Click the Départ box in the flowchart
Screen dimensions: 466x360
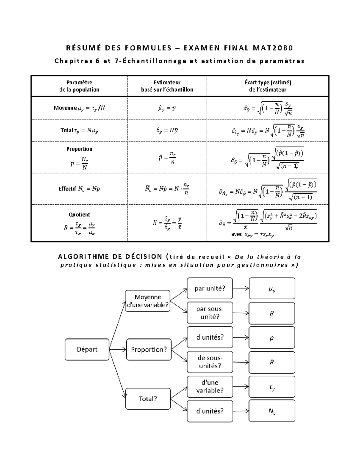(87, 350)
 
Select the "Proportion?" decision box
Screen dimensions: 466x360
(149, 350)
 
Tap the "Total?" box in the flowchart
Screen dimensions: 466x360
(148, 399)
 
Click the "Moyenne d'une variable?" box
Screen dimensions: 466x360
(148, 301)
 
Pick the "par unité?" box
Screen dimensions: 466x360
(210, 288)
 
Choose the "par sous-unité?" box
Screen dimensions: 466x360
(210, 313)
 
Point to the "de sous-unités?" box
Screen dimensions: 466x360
(210, 362)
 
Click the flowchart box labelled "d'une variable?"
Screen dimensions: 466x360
(210, 386)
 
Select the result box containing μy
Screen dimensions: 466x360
(272, 288)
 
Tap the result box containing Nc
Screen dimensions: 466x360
(272, 411)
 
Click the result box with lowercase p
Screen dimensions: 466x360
(272, 338)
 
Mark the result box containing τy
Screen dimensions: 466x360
(272, 387)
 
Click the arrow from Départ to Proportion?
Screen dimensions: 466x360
(118, 349)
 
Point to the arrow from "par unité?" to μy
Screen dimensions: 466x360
(241, 288)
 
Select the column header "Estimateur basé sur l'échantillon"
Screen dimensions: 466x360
(167, 86)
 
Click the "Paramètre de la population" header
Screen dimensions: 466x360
(79, 86)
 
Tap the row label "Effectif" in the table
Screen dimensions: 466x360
(67, 189)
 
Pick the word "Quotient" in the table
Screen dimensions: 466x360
(79, 215)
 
